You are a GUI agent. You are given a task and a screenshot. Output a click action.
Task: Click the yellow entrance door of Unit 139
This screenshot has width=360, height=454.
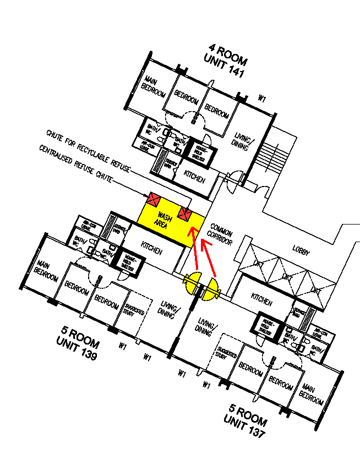(x=193, y=282)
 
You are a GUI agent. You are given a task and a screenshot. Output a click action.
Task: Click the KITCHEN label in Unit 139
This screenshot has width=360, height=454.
(x=152, y=249)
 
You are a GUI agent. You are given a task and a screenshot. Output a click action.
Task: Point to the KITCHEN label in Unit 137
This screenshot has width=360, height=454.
(x=261, y=300)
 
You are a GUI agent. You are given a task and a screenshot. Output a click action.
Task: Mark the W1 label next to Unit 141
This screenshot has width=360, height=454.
(x=262, y=99)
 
